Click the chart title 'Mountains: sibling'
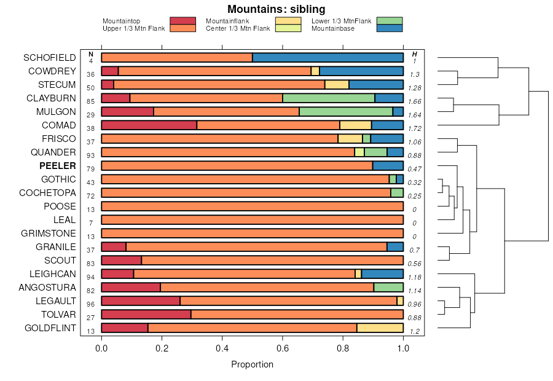[276, 9]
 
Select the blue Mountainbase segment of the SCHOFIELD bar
[327, 58]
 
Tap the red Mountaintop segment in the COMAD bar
[149, 125]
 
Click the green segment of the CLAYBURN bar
[329, 98]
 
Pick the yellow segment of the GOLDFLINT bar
[380, 328]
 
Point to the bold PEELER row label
[58, 166]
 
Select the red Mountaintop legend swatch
[183, 21]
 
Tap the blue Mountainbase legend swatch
[390, 28]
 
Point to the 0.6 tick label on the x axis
[282, 348]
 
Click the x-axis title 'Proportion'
[252, 364]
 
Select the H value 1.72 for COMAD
[415, 128]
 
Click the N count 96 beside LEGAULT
[91, 304]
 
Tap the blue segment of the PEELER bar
[388, 166]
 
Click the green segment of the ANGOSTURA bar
[388, 288]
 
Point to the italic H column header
[415, 54]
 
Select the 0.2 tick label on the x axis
[162, 348]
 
